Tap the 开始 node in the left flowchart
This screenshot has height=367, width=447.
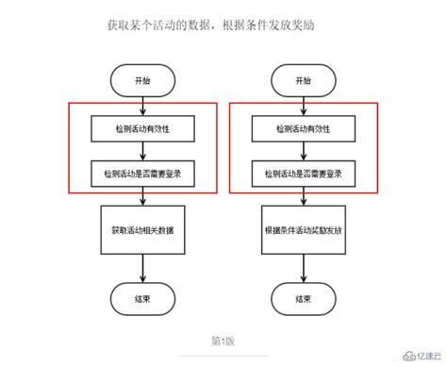[141, 80]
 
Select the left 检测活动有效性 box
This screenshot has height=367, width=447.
[141, 128]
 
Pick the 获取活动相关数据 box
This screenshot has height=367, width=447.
[141, 229]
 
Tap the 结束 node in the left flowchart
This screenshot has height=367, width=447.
[141, 297]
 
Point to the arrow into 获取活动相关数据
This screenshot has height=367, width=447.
[141, 197]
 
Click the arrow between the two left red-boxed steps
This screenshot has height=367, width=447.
[141, 150]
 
